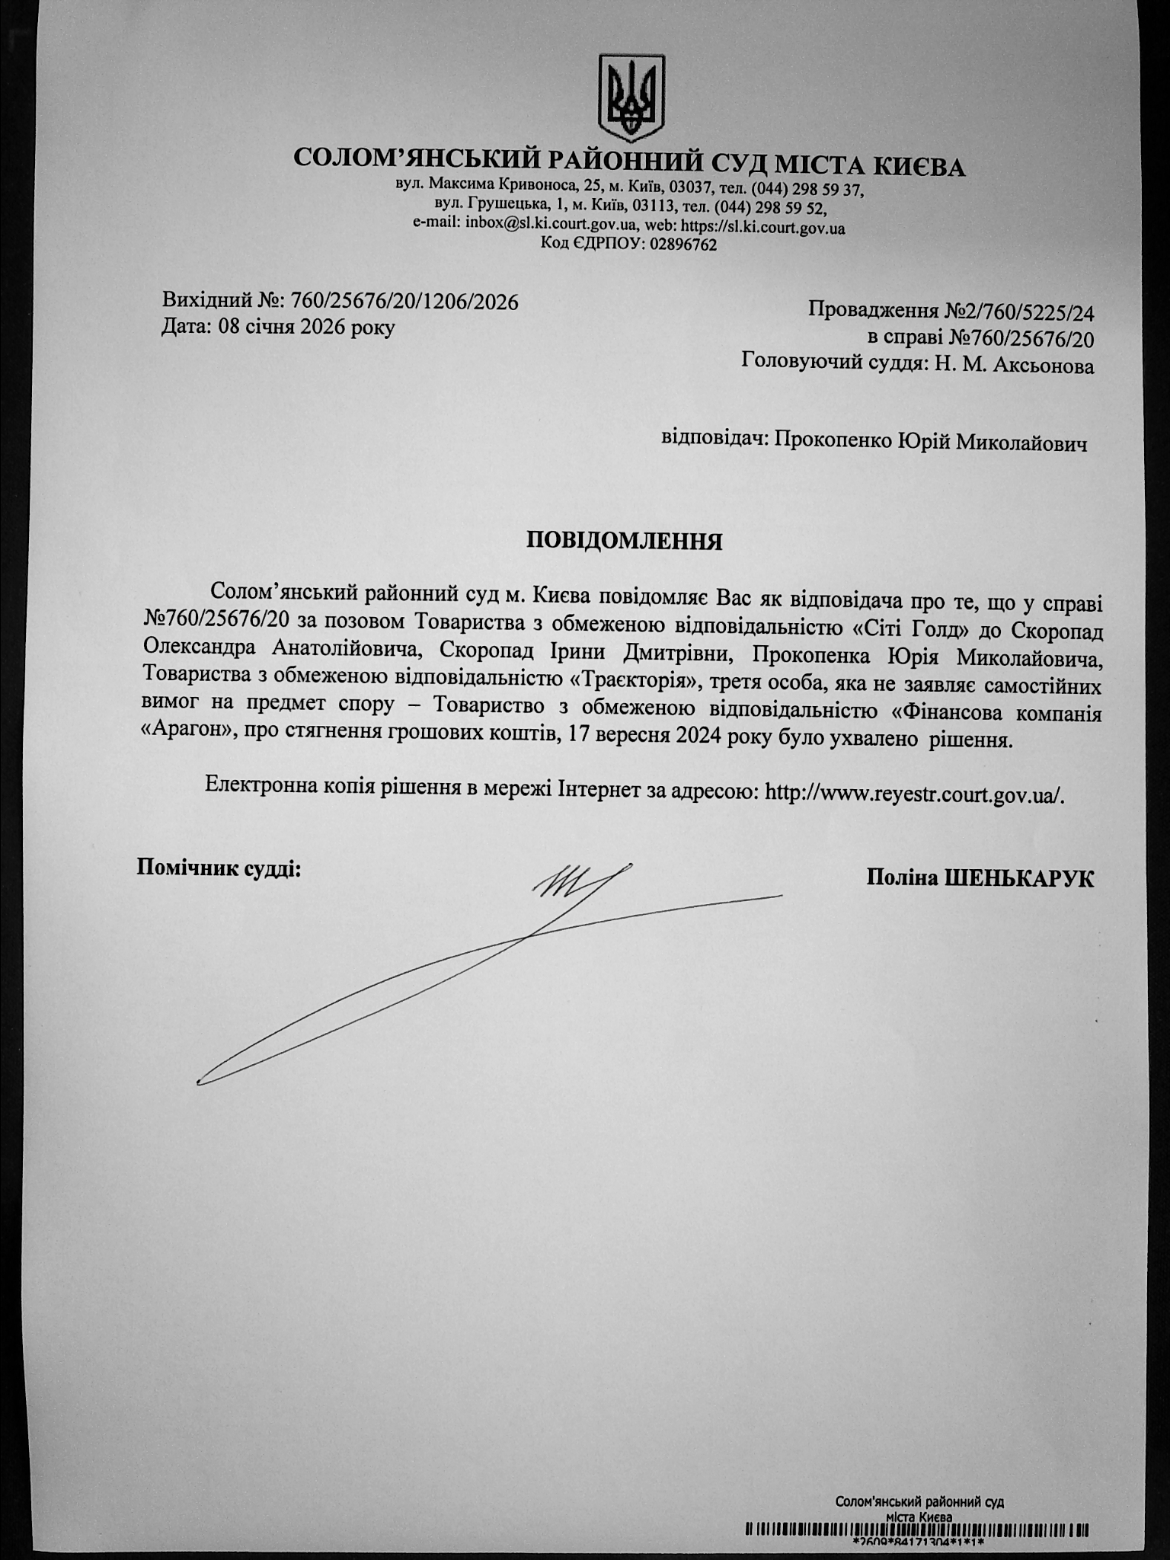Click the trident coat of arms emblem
[631, 97]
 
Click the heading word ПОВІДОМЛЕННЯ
[624, 541]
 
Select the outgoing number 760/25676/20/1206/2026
[404, 302]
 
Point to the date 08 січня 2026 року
[306, 328]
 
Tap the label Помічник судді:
[219, 868]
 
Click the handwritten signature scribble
[579, 884]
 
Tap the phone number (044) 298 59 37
[807, 188]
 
